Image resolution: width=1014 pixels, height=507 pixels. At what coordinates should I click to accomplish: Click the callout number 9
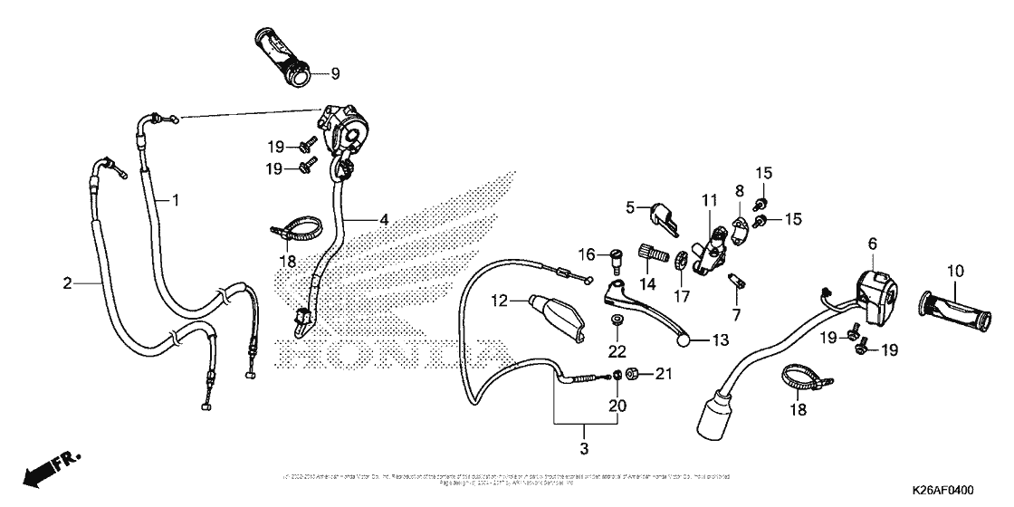pyautogui.click(x=334, y=73)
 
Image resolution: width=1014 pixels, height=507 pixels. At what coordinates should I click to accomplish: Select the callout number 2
pyautogui.click(x=67, y=284)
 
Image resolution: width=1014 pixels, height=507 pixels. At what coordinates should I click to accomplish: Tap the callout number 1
pyautogui.click(x=177, y=198)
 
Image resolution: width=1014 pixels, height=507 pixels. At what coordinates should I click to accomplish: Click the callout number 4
pyautogui.click(x=384, y=219)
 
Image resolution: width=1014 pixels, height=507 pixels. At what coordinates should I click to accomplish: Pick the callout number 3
pyautogui.click(x=584, y=449)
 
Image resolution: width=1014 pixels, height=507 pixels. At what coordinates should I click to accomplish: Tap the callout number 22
pyautogui.click(x=617, y=351)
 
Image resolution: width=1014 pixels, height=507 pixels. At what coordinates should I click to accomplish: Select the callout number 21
pyautogui.click(x=665, y=373)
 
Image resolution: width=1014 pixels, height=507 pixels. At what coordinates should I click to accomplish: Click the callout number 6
pyautogui.click(x=873, y=243)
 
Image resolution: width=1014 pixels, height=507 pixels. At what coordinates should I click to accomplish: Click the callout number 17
pyautogui.click(x=680, y=297)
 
